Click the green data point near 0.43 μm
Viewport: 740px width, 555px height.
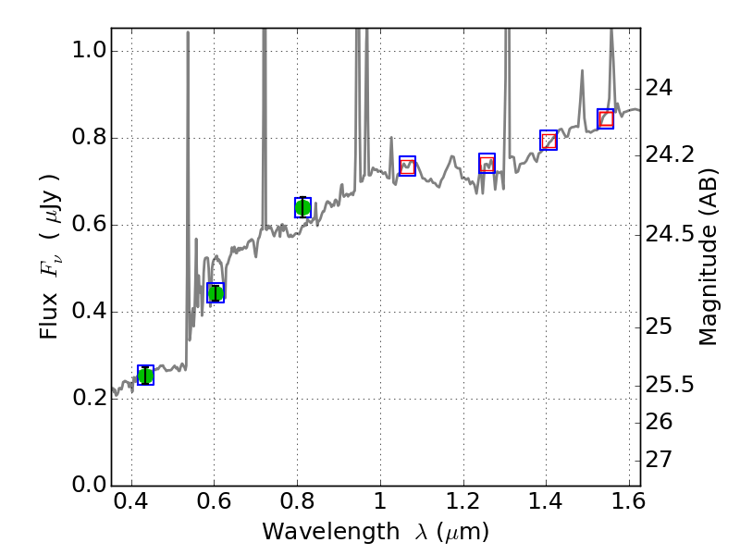click(x=145, y=375)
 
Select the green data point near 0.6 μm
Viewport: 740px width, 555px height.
click(x=216, y=293)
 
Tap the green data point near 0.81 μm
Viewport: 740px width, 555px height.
click(x=302, y=207)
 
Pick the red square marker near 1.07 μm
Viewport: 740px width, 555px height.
click(x=407, y=166)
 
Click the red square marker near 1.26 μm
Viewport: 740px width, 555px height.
click(x=487, y=164)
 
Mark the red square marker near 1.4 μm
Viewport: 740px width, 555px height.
click(x=549, y=141)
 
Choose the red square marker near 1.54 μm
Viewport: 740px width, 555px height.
click(x=606, y=118)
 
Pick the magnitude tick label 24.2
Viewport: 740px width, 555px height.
click(x=670, y=154)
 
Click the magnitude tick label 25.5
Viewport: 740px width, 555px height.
click(x=670, y=384)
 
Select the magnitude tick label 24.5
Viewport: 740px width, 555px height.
click(x=670, y=234)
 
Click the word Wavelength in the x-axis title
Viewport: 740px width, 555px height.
click(x=316, y=532)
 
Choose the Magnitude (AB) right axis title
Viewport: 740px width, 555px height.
click(x=709, y=256)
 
